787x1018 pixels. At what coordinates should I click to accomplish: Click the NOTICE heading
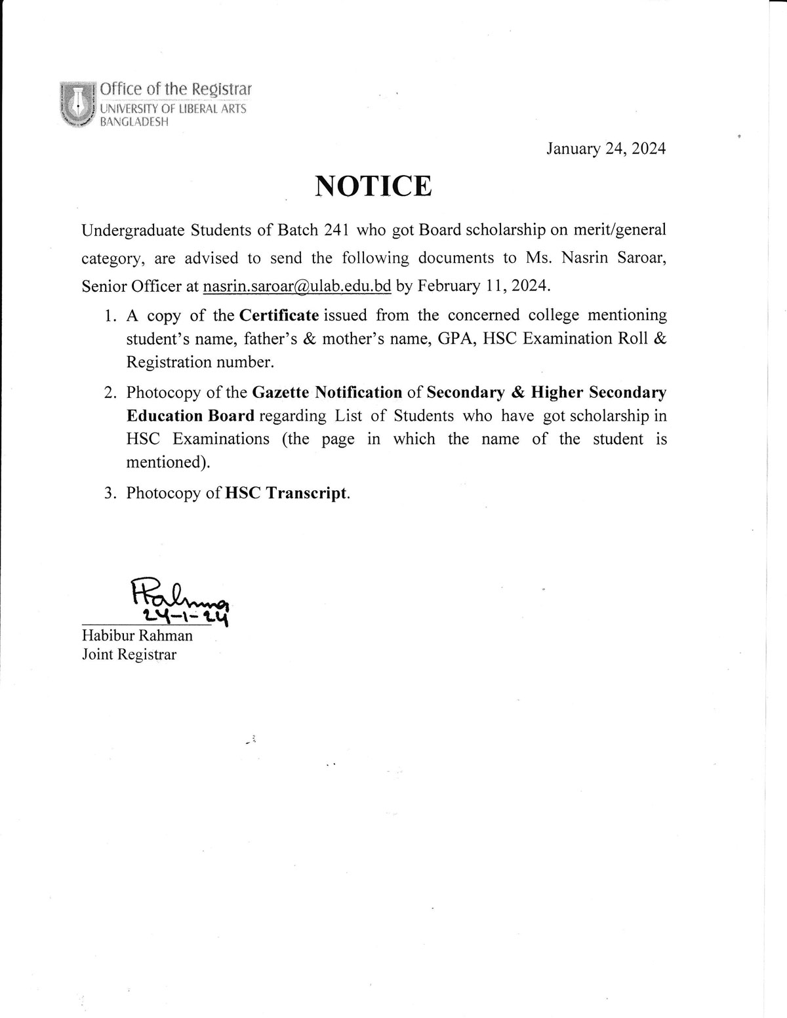[373, 186]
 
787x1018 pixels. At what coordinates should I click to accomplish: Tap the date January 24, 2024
[606, 149]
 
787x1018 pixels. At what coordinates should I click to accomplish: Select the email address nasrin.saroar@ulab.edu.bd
[297, 286]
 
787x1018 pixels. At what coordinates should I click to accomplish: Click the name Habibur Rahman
[137, 635]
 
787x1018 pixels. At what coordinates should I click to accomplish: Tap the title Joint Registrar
[129, 654]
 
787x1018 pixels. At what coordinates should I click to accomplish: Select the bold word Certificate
[279, 315]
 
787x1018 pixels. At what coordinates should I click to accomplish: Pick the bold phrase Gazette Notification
[327, 392]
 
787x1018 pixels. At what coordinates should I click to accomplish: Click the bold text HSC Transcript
[286, 493]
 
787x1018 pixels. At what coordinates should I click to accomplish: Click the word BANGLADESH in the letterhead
[134, 122]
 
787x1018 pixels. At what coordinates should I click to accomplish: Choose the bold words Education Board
[190, 416]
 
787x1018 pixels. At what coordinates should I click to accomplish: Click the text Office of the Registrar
[175, 89]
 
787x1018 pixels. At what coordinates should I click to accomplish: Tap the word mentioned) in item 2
[168, 462]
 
